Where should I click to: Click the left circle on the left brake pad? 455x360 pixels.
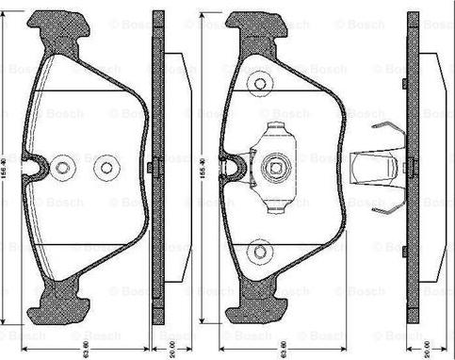coord(63,167)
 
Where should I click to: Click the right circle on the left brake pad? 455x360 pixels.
coord(103,167)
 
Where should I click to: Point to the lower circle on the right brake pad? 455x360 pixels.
coord(259,252)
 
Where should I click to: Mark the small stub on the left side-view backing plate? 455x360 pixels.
coord(151,167)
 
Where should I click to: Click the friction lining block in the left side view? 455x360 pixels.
coord(173,168)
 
